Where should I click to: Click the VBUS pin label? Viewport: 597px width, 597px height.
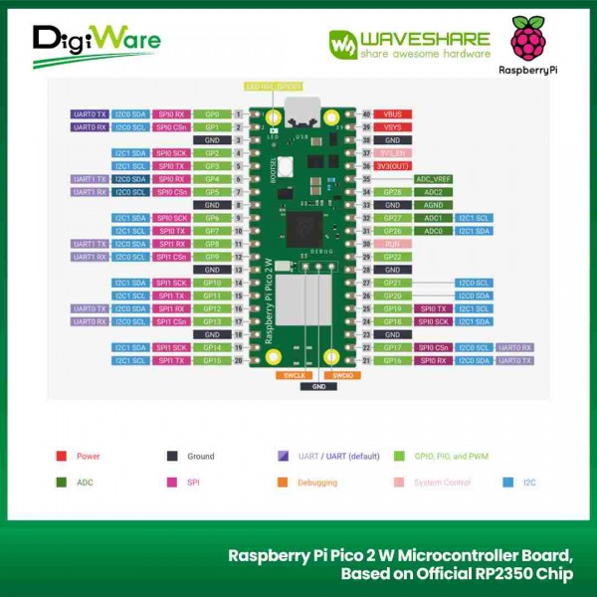(393, 114)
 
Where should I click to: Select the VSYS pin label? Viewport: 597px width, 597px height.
(393, 127)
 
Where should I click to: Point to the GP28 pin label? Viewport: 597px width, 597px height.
(393, 192)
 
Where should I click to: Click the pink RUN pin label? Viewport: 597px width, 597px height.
(393, 244)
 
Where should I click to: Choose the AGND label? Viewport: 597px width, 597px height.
(434, 205)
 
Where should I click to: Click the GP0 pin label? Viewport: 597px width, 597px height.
(211, 114)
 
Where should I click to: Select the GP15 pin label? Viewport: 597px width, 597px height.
(211, 360)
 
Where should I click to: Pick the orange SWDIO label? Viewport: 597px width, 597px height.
(342, 375)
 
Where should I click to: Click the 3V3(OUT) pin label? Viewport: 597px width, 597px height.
(393, 166)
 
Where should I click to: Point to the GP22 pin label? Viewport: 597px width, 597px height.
(393, 257)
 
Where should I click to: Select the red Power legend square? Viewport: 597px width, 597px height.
(61, 457)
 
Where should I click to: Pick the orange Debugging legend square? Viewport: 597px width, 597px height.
(283, 483)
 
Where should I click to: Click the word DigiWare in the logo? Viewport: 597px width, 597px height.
(96, 39)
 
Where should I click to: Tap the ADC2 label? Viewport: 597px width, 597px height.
(434, 192)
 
